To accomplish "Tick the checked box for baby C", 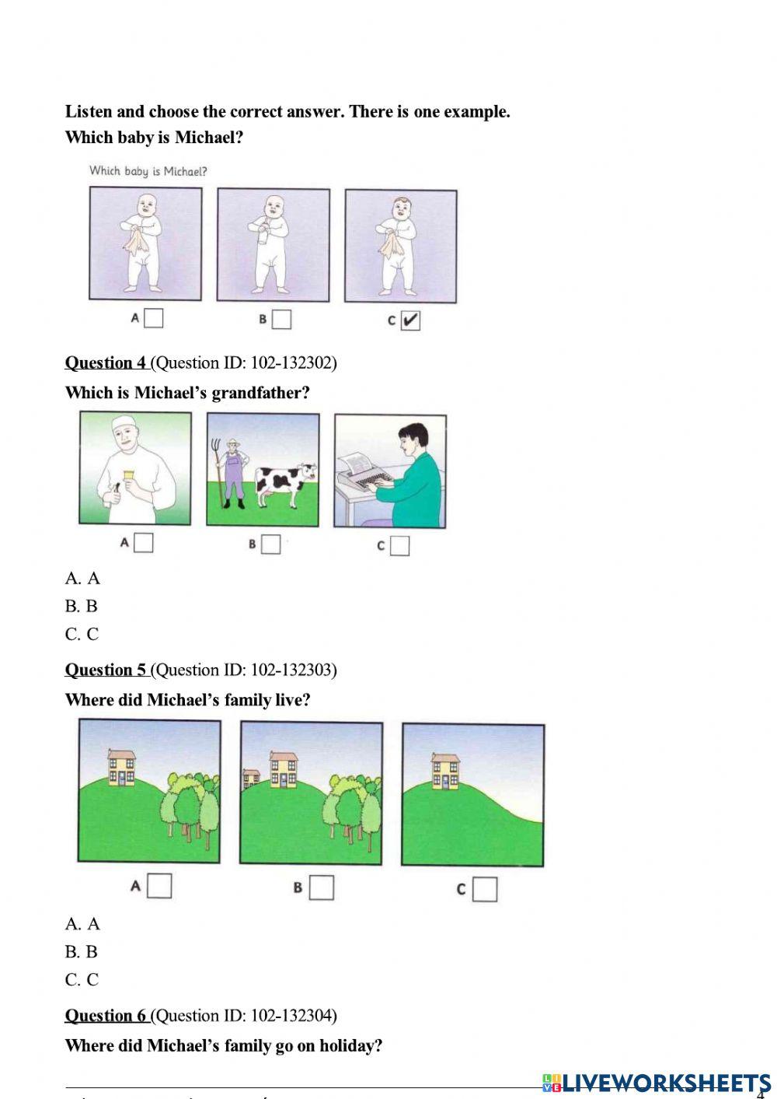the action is coord(410,321).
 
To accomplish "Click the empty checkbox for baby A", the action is coord(154,318).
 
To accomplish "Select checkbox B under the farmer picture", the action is coord(270,544).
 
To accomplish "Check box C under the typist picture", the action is coord(399,545).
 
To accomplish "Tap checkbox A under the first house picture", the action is coord(159,886).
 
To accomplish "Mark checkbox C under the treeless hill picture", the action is coord(485,889).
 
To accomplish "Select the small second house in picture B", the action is coord(252,778).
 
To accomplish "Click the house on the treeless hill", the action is coord(445,772).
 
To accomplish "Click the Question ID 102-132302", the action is coord(244,363).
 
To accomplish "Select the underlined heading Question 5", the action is coord(106,670).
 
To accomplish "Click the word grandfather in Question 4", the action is coord(261,393).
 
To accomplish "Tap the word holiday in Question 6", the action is coord(351,1045).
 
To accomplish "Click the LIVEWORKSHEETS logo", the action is coord(657,1083).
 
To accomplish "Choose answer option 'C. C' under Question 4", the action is coord(82,634).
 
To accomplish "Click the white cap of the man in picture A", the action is coord(127,423).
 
